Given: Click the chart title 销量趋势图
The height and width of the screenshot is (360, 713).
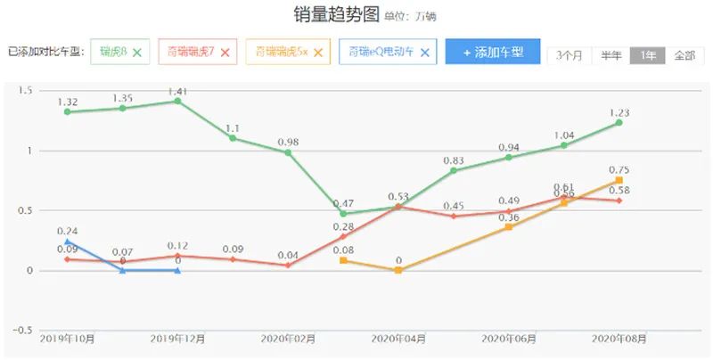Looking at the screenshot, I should point(336,16).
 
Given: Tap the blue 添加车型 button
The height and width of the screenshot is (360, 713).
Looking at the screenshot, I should point(492,53).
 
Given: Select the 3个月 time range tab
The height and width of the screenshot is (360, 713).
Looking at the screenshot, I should point(569,55).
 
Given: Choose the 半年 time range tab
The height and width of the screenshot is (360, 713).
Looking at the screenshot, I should point(611,55).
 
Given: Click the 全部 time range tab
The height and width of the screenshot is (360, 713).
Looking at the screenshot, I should point(684,55).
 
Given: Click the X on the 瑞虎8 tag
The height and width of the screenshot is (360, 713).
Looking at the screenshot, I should point(137,53).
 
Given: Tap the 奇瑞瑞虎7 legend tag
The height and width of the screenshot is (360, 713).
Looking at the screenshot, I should point(191,53).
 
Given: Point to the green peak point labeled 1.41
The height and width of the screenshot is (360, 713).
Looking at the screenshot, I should point(177,101).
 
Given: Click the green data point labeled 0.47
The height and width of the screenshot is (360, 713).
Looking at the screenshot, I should point(343,214).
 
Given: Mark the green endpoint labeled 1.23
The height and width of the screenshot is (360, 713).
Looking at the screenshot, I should point(619,122).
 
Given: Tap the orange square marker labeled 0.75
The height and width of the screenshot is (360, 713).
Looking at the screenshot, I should point(619,180).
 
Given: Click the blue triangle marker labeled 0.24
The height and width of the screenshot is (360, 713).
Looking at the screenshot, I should point(68,241).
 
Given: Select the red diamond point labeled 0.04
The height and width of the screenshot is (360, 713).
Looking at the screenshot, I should point(288,266).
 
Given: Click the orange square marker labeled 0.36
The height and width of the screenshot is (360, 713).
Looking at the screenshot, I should point(509,227).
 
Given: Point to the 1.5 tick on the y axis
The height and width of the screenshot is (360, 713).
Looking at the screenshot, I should point(25,91).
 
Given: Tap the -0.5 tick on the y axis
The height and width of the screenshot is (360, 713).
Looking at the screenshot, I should point(21,331).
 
